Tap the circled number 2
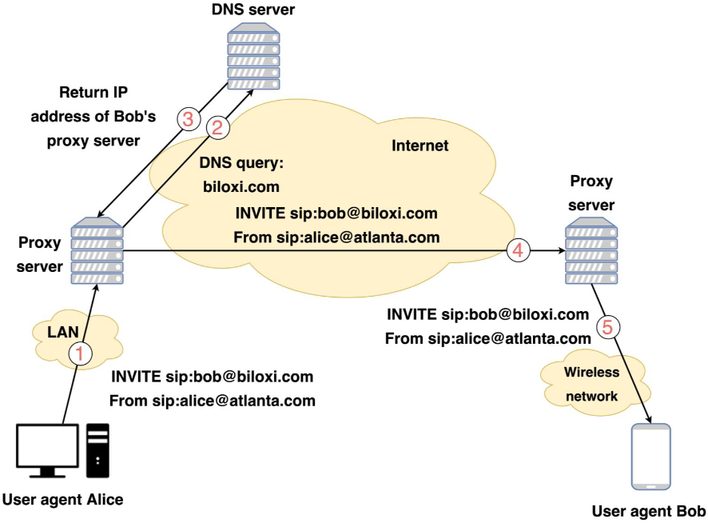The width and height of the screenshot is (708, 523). pyautogui.click(x=217, y=126)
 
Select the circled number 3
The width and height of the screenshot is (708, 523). pyautogui.click(x=188, y=120)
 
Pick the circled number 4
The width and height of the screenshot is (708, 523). pyautogui.click(x=517, y=250)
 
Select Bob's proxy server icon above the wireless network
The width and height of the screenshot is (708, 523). pyautogui.click(x=591, y=252)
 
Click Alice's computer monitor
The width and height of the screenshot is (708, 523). pyautogui.click(x=48, y=449)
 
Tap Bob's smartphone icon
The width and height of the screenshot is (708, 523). pyautogui.click(x=650, y=457)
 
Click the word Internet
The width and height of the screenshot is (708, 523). pyautogui.click(x=420, y=146)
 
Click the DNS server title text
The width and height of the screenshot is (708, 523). pyautogui.click(x=253, y=10)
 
